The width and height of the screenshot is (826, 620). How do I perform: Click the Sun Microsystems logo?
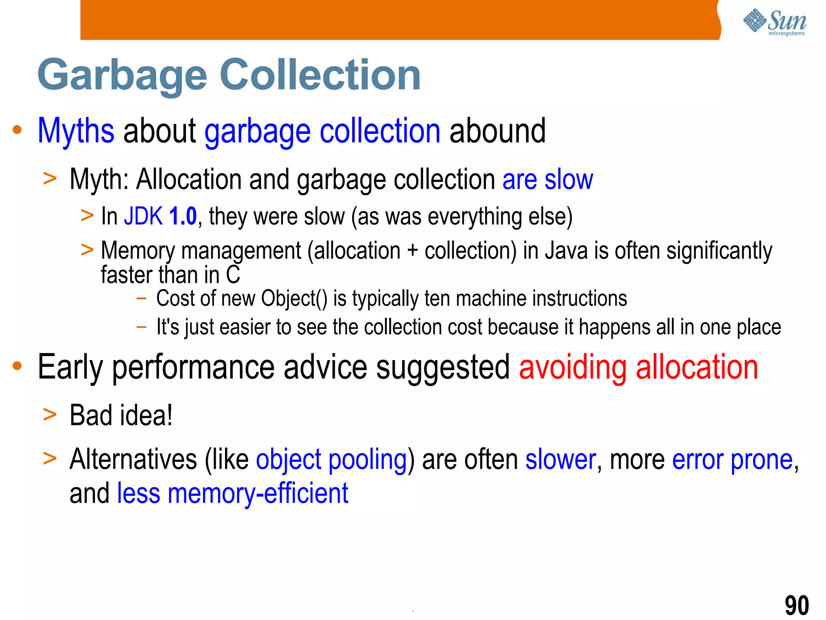pyautogui.click(x=774, y=22)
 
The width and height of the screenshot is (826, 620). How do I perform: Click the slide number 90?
pyautogui.click(x=797, y=605)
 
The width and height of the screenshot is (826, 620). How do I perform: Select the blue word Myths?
pyautogui.click(x=76, y=131)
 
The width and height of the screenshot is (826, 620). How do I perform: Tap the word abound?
pyautogui.click(x=497, y=131)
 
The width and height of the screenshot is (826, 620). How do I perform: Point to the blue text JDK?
pyautogui.click(x=143, y=216)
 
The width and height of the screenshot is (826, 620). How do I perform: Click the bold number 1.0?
pyautogui.click(x=183, y=216)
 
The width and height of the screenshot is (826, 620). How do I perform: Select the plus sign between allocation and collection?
pyautogui.click(x=412, y=251)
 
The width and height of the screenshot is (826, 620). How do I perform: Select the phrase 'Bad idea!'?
pyautogui.click(x=121, y=415)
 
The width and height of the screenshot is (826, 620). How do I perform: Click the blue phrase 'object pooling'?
pyautogui.click(x=332, y=460)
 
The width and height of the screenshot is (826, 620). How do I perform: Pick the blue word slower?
pyautogui.click(x=561, y=460)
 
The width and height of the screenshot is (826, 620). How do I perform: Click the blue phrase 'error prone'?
pyautogui.click(x=732, y=460)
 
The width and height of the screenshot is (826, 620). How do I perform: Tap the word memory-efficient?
pyautogui.click(x=258, y=493)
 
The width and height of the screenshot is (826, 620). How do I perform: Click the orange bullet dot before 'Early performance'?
pyautogui.click(x=17, y=366)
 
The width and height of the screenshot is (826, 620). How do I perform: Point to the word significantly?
pyautogui.click(x=719, y=251)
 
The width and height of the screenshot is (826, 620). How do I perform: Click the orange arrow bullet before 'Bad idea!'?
pyautogui.click(x=50, y=415)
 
